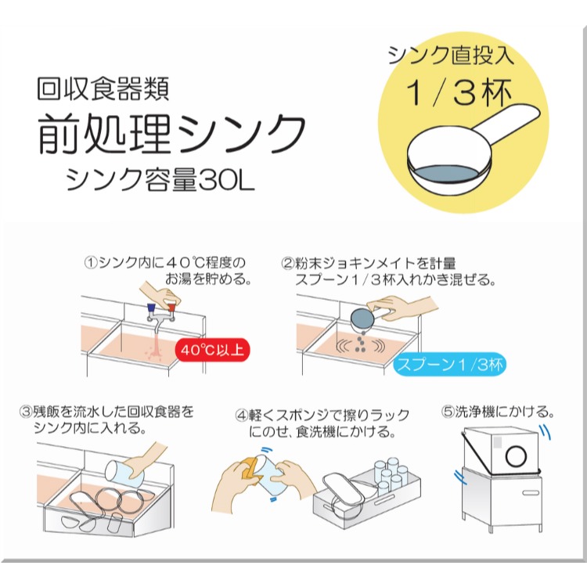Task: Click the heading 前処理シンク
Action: click(171, 133)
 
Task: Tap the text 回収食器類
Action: click(102, 88)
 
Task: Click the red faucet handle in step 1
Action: click(172, 309)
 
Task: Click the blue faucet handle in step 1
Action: click(146, 310)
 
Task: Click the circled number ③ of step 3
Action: click(28, 411)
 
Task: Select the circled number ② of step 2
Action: click(288, 264)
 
